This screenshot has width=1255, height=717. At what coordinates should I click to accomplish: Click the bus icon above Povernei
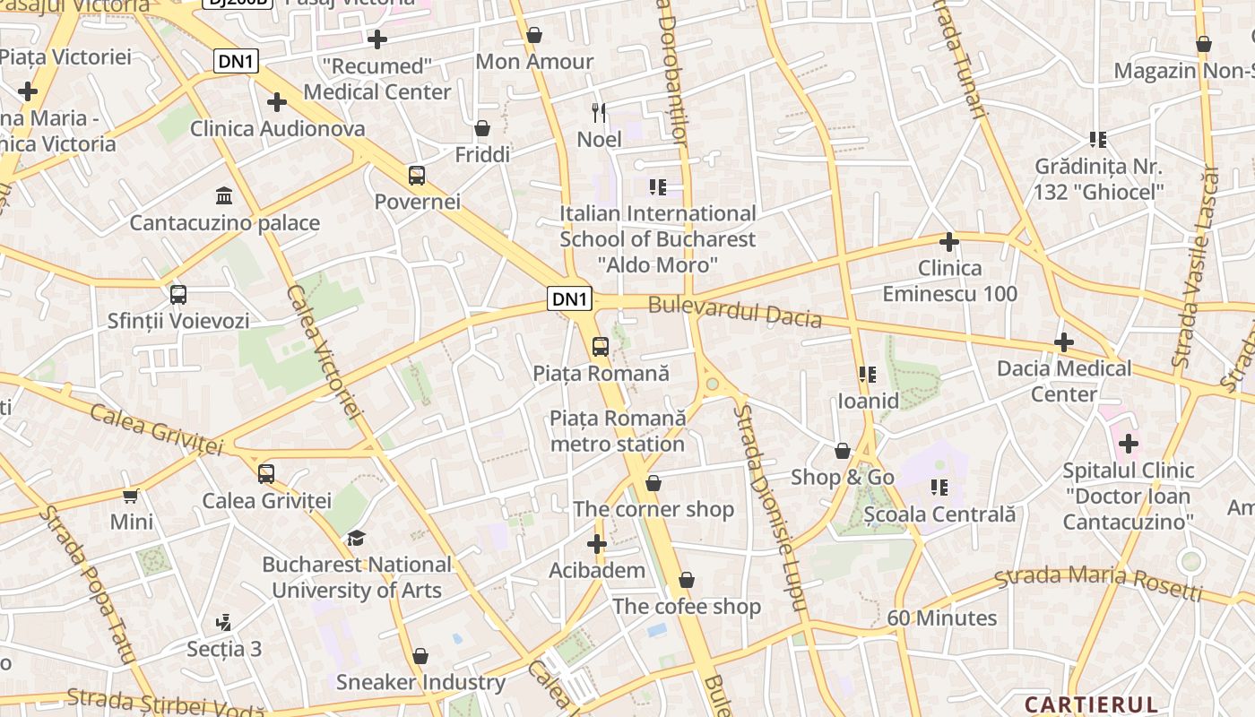pos(417,175)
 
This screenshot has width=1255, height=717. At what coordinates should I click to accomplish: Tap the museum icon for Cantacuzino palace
pos(224,195)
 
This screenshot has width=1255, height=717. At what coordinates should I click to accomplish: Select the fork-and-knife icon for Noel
pos(599,113)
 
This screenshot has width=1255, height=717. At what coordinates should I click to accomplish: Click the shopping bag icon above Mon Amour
pos(534,35)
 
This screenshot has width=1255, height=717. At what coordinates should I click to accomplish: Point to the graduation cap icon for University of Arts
pos(357,538)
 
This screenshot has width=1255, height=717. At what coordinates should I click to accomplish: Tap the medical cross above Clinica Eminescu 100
pos(949,242)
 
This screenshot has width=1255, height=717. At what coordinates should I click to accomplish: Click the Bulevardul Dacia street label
pos(734,311)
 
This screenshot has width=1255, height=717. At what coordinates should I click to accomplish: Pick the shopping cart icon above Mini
pos(131,496)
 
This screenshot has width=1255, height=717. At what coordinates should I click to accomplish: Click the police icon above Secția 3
pos(224,622)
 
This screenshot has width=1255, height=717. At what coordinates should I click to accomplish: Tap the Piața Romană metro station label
pos(618,431)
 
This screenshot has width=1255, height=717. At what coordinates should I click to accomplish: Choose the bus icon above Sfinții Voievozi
pos(178,294)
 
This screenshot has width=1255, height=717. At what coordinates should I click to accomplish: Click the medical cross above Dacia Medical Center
pos(1064,342)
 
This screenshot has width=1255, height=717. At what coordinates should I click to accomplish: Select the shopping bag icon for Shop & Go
pos(843,451)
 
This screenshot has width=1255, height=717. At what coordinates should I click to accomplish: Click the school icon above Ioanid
pos(867,374)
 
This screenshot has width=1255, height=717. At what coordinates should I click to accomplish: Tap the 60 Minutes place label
pos(941,618)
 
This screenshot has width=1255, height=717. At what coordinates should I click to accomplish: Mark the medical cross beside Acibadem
pos(597,544)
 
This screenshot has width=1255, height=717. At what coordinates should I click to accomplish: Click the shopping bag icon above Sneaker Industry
pos(420,656)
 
